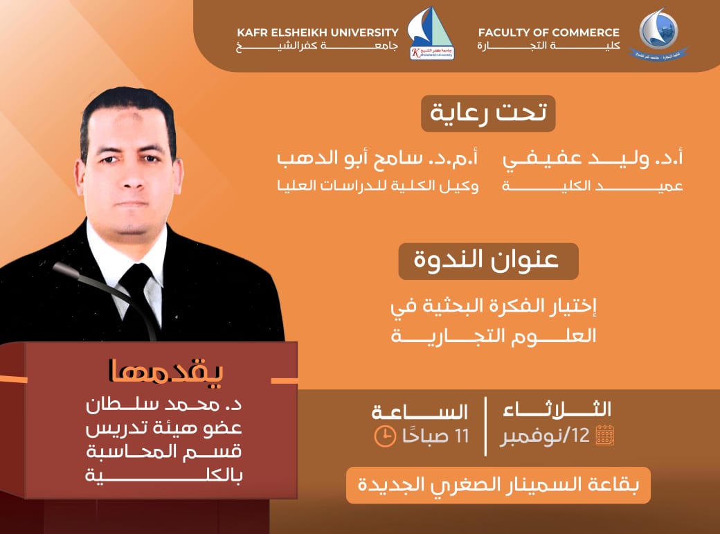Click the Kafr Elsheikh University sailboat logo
click(x=431, y=35)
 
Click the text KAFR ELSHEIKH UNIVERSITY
click(x=318, y=32)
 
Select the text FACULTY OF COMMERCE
click(x=549, y=32)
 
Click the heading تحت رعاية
click(x=488, y=113)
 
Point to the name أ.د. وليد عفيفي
click(x=593, y=159)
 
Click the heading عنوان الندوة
click(x=488, y=262)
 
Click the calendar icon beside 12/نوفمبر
click(x=604, y=435)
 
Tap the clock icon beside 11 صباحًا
click(x=383, y=436)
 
